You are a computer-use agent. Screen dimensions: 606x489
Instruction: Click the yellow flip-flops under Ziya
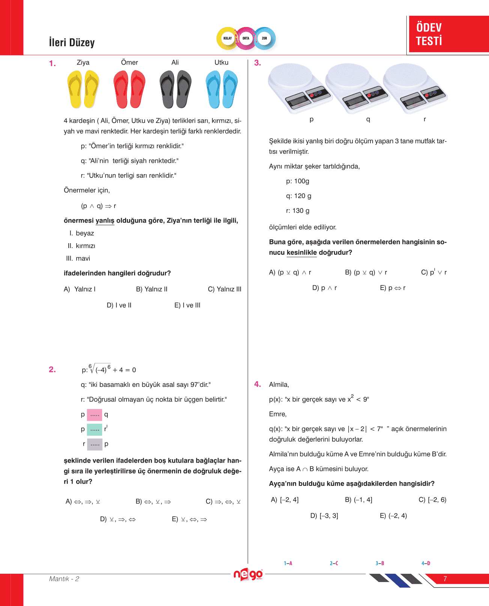tap(83, 89)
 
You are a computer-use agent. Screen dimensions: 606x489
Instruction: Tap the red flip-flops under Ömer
tap(129, 89)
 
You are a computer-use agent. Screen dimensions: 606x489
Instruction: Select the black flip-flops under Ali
tap(175, 89)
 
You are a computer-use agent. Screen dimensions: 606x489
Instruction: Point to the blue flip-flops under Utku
tap(221, 89)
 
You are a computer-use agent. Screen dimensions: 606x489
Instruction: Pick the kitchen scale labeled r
tap(415, 88)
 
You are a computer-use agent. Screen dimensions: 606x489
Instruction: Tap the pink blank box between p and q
tap(95, 415)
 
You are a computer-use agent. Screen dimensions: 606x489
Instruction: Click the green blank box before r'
tap(95, 429)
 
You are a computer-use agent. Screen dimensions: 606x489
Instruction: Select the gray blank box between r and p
tap(95, 444)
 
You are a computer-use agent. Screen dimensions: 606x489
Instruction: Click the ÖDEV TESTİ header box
tap(448, 34)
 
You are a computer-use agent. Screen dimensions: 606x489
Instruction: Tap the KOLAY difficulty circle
tap(227, 38)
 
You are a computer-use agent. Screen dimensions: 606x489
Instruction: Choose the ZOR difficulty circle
tap(264, 38)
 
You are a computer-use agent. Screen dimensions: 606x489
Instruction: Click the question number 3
tap(257, 63)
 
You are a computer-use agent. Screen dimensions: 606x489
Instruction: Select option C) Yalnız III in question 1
tap(224, 289)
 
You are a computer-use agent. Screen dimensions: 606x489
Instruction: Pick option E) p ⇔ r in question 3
tap(393, 288)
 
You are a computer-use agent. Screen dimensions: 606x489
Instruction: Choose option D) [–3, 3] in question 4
tap(324, 516)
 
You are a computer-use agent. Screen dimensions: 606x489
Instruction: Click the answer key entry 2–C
tap(334, 563)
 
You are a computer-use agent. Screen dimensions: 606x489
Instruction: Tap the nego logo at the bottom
tap(248, 574)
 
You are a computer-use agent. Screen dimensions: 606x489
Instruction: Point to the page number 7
tap(445, 579)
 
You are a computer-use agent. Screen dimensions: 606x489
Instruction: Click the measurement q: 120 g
tap(298, 196)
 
